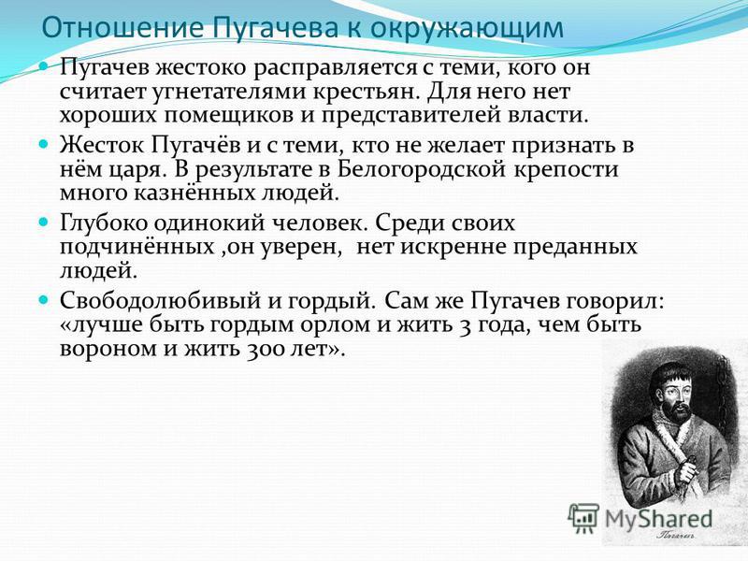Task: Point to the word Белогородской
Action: pos(422,170)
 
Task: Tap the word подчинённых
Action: pos(137,247)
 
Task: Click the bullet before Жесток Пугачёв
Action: pos(43,143)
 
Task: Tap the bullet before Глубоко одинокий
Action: pos(43,222)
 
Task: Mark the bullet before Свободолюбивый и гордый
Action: pos(43,299)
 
